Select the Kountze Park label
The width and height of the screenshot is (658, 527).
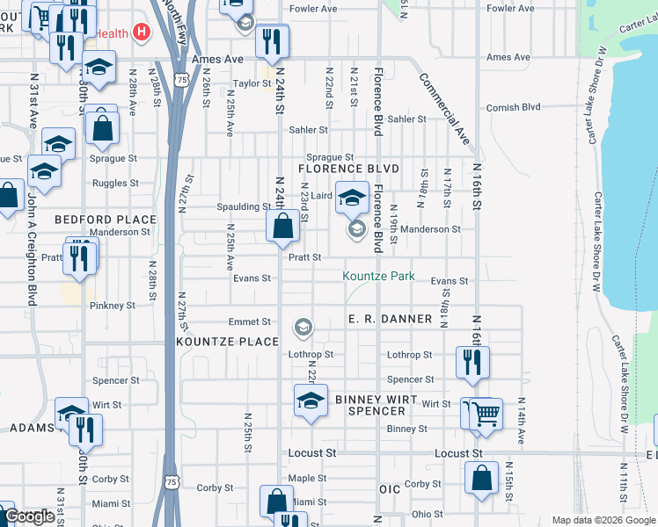coord(378,276)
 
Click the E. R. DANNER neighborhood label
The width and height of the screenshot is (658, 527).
coord(390,319)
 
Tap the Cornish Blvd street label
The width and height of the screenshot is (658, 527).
coord(514,107)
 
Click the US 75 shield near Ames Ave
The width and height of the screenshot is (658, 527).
coord(180,79)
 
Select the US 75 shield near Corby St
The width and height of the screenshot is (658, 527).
coord(172,481)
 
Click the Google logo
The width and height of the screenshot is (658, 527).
coord(30,516)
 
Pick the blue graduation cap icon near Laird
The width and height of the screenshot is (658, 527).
coord(352,197)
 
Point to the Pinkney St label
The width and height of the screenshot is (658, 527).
coord(113,306)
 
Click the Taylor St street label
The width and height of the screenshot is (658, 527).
coord(251,84)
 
